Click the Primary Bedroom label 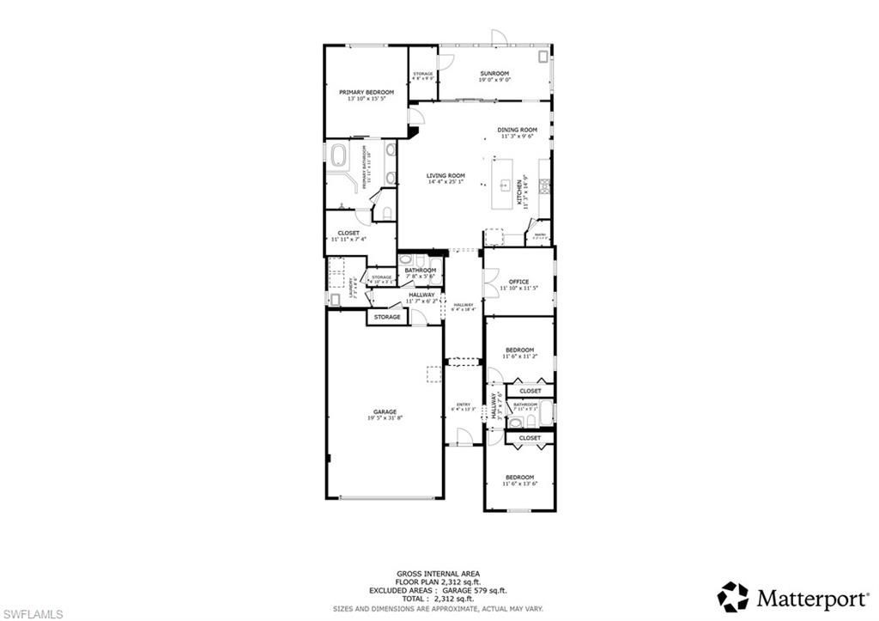tap(366, 92)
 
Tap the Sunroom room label tap(494, 73)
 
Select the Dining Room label tap(517, 130)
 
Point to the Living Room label tap(445, 175)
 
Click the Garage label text tap(385, 411)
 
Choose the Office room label tap(518, 282)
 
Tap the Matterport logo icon tap(732, 595)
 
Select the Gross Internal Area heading tap(438, 574)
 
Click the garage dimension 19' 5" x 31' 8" tap(385, 418)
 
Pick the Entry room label tap(464, 405)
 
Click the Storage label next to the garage tap(387, 317)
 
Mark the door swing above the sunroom tap(499, 37)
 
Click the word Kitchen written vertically tap(519, 192)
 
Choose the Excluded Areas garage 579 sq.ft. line tap(438, 590)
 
